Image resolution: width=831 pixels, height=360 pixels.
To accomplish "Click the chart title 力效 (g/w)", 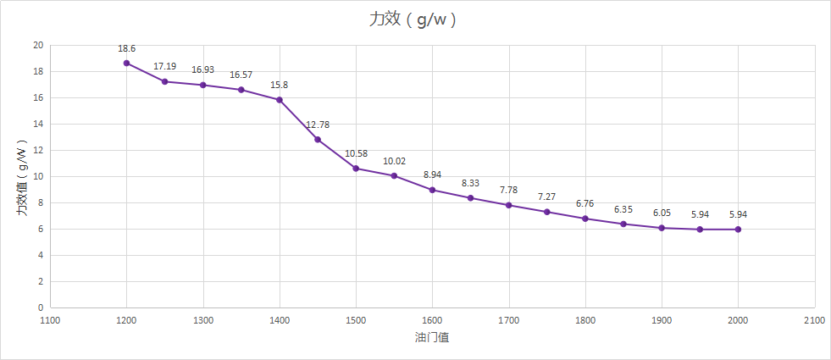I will pos(414,19).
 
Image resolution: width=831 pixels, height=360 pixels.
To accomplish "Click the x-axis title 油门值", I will pos(432,337).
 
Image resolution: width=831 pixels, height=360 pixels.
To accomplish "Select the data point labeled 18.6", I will pos(127,63).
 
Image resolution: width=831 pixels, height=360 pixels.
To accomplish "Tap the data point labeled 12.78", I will pos(318,139).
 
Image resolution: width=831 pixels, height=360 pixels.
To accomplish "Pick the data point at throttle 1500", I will pos(356,169).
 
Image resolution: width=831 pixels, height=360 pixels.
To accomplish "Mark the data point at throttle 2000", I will pos(738,230).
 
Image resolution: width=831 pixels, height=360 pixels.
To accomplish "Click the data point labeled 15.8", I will pos(280,100).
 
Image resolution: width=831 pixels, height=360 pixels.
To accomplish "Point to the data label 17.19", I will pos(165,66).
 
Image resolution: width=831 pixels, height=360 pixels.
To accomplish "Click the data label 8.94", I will pos(432,174).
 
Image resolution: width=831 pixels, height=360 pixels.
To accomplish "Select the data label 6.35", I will pos(623,209).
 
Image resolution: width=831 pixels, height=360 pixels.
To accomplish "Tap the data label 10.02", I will pos(394,161).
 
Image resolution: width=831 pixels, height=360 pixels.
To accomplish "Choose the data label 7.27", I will pos(547,197).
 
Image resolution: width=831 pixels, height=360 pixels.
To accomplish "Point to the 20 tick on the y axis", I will pos(38,45).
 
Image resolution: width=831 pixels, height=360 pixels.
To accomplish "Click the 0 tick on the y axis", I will pos(41,307).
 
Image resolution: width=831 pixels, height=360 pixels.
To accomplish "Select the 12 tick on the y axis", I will pos(38,150).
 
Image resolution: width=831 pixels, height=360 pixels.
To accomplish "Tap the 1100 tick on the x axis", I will pos(50,321).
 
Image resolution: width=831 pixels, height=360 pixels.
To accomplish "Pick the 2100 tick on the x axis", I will pos(814,321).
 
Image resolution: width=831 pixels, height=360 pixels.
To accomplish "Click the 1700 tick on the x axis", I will pos(508,321).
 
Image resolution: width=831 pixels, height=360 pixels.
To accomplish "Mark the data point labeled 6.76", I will pos(585,219).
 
